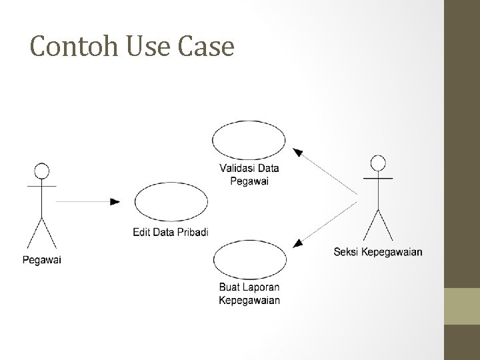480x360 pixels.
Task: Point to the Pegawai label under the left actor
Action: (41, 260)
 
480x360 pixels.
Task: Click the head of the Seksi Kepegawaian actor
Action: (378, 163)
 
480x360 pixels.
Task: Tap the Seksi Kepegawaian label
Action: (377, 251)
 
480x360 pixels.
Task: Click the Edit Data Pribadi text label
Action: (170, 232)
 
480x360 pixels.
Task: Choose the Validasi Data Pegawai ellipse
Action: (249, 139)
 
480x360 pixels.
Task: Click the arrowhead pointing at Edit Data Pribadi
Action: (115, 201)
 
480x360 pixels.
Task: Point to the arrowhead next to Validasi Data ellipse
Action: (298, 153)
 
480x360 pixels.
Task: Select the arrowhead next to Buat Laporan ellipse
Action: (298, 244)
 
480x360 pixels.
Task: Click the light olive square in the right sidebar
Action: (462, 306)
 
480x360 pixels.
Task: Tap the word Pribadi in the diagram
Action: (194, 232)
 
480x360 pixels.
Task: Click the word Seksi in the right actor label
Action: (345, 251)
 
